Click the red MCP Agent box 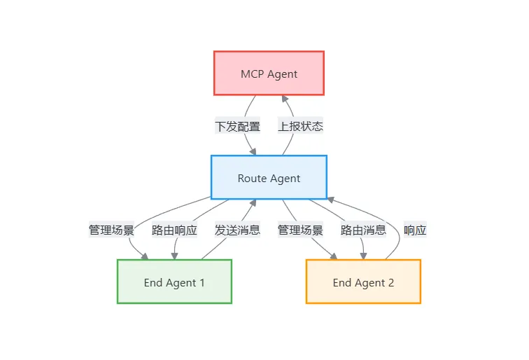[x=269, y=74]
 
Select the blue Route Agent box [x=269, y=178]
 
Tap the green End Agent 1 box [x=174, y=282]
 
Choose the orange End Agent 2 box [x=363, y=282]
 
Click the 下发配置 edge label [x=237, y=126]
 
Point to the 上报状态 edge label [x=300, y=126]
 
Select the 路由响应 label [x=174, y=230]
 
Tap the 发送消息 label [x=237, y=230]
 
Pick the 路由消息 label [x=363, y=230]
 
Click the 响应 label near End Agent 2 [x=415, y=230]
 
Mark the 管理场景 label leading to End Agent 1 [x=111, y=230]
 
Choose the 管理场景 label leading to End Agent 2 [x=300, y=230]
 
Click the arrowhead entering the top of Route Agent [x=253, y=151]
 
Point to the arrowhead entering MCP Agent [x=284, y=99]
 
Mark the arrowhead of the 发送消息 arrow [x=253, y=204]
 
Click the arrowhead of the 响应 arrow [x=330, y=201]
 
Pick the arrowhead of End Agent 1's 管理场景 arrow [x=145, y=256]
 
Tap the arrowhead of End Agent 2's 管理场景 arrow [x=334, y=256]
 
